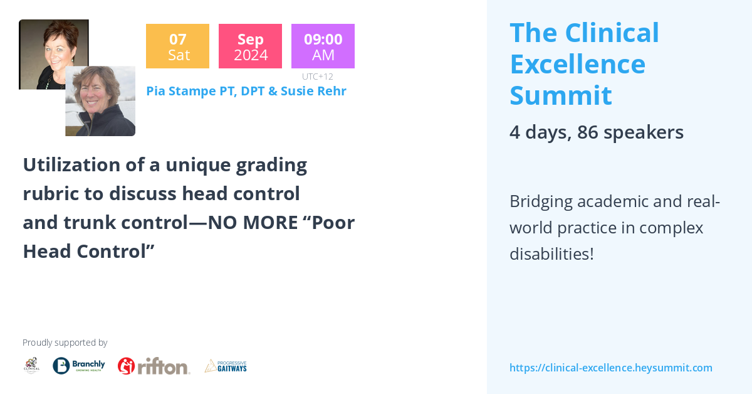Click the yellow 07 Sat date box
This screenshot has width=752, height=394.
click(x=177, y=46)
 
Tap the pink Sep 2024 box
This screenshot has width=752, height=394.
click(x=250, y=46)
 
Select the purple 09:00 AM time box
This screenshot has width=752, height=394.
click(x=323, y=46)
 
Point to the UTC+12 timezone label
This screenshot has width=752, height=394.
click(x=317, y=77)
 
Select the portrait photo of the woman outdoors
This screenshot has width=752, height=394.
click(x=100, y=101)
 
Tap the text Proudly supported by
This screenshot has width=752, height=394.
click(x=65, y=343)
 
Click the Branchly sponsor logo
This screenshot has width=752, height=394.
click(x=79, y=366)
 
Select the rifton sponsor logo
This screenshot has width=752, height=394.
click(x=154, y=366)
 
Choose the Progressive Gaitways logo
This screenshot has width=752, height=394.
click(x=226, y=366)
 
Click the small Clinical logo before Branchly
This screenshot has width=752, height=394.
click(x=31, y=366)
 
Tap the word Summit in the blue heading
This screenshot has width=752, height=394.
click(x=560, y=95)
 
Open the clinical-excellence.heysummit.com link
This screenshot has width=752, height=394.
click(x=610, y=368)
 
